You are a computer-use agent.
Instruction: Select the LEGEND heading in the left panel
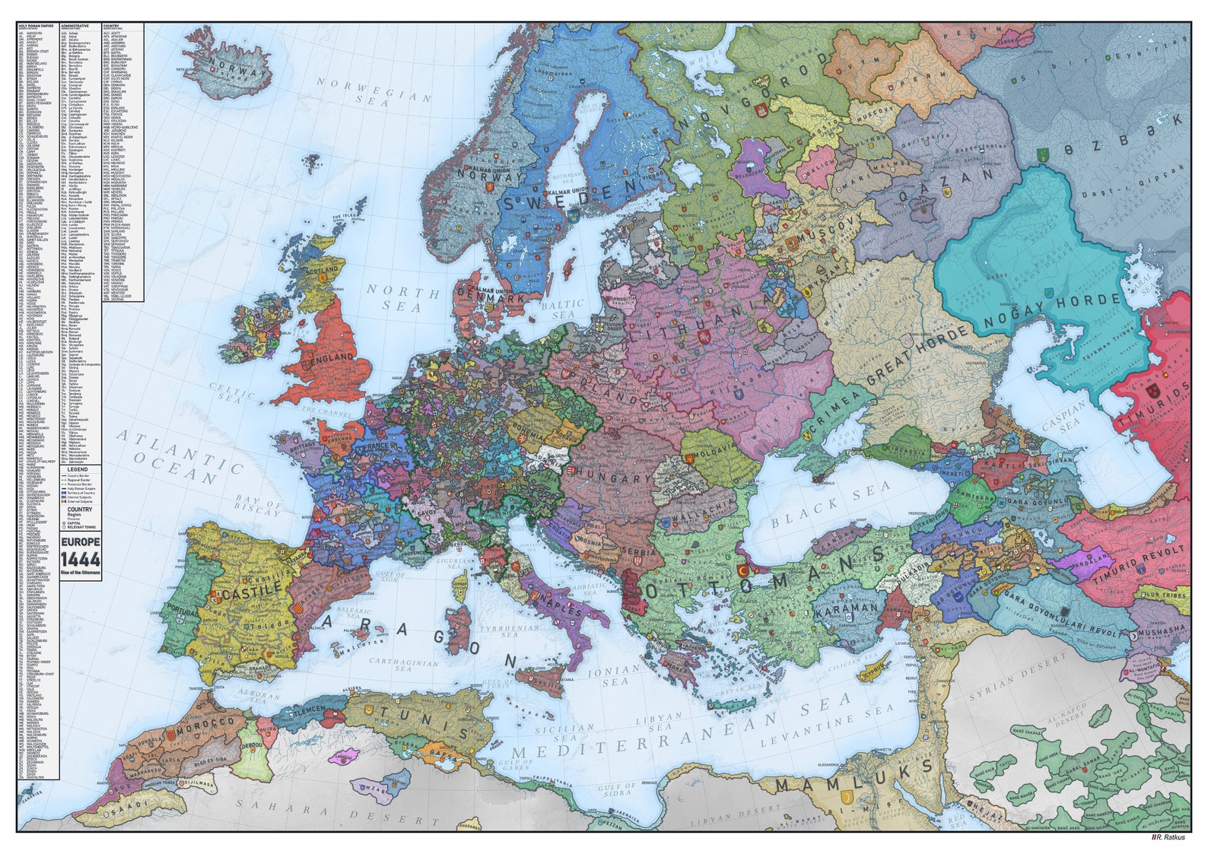pyautogui.click(x=78, y=470)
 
